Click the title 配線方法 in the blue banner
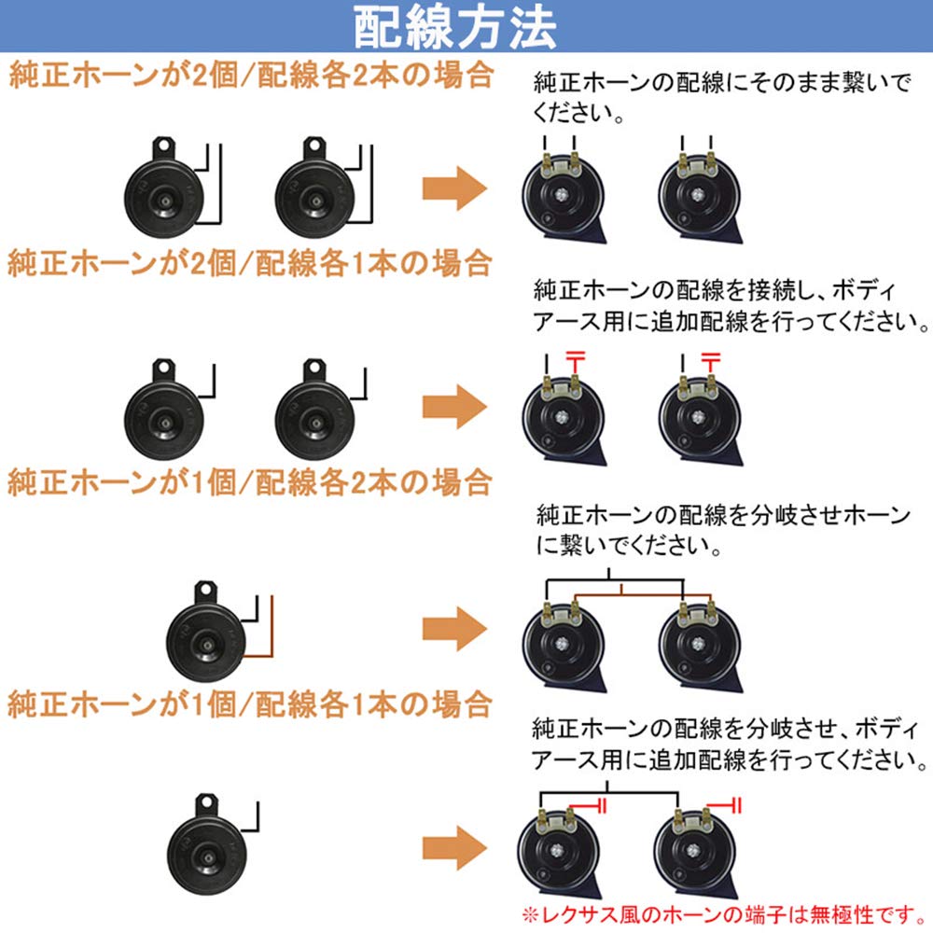(454, 29)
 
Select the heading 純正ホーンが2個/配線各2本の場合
(250, 75)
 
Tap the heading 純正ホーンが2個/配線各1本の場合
(250, 262)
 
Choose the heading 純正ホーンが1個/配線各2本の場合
(250, 482)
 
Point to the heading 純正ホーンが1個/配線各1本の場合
(250, 703)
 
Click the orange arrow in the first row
(454, 190)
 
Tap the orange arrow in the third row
(454, 626)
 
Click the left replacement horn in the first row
(562, 191)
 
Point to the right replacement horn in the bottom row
(698, 849)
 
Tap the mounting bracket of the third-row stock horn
(204, 592)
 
